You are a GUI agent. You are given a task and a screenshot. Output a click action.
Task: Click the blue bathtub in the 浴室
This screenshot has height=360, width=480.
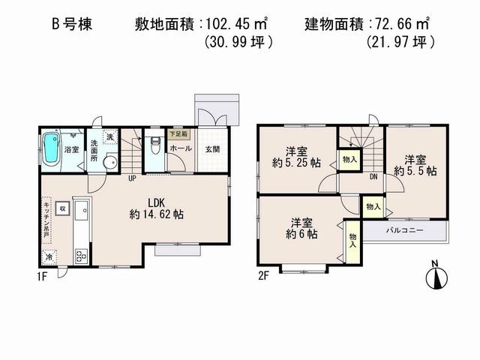(52, 147)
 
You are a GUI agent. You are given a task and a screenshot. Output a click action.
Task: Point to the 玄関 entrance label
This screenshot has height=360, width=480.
(212, 148)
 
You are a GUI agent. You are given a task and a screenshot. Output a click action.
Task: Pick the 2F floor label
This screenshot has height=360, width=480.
(262, 276)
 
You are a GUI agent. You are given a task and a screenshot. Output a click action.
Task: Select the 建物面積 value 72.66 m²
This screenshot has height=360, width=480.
(400, 24)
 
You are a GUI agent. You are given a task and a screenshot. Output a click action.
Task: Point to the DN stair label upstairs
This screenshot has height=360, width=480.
(373, 178)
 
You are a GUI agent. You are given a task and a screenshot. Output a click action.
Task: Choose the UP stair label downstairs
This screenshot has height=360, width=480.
(132, 178)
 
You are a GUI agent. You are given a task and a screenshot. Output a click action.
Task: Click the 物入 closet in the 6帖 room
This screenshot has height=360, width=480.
(352, 241)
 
